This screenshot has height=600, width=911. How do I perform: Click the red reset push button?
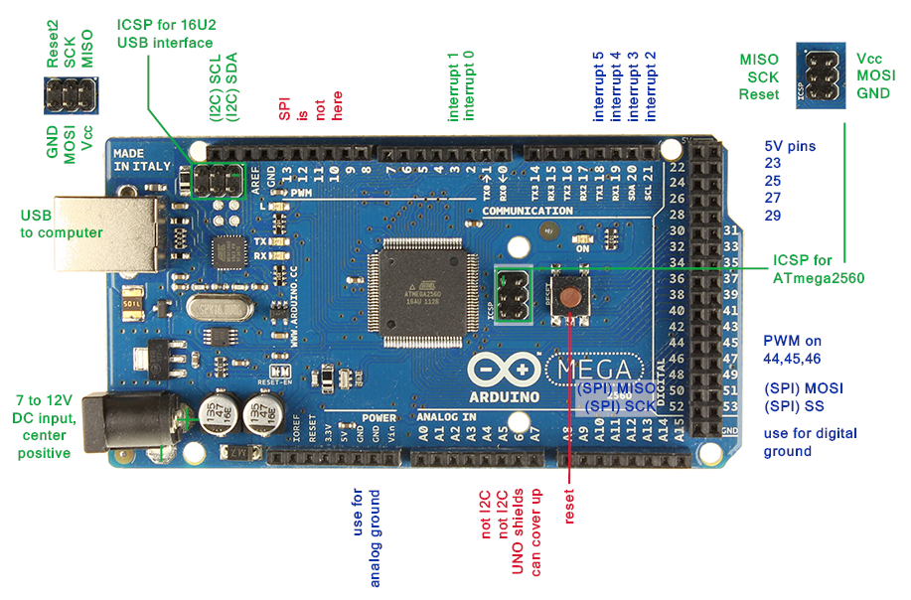coord(570,294)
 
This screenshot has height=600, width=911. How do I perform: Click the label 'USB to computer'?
coord(62,224)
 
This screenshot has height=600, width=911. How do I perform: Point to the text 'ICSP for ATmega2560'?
coord(818,268)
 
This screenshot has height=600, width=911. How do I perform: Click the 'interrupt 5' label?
coord(598,85)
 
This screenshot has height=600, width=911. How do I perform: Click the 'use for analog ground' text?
coord(367,537)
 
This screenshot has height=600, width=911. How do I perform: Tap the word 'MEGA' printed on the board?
coord(603,371)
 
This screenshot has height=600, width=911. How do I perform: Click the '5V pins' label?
coord(790,146)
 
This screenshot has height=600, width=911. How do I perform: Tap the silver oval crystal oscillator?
coord(222,310)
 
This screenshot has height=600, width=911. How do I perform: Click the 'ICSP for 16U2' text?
coord(165,25)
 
